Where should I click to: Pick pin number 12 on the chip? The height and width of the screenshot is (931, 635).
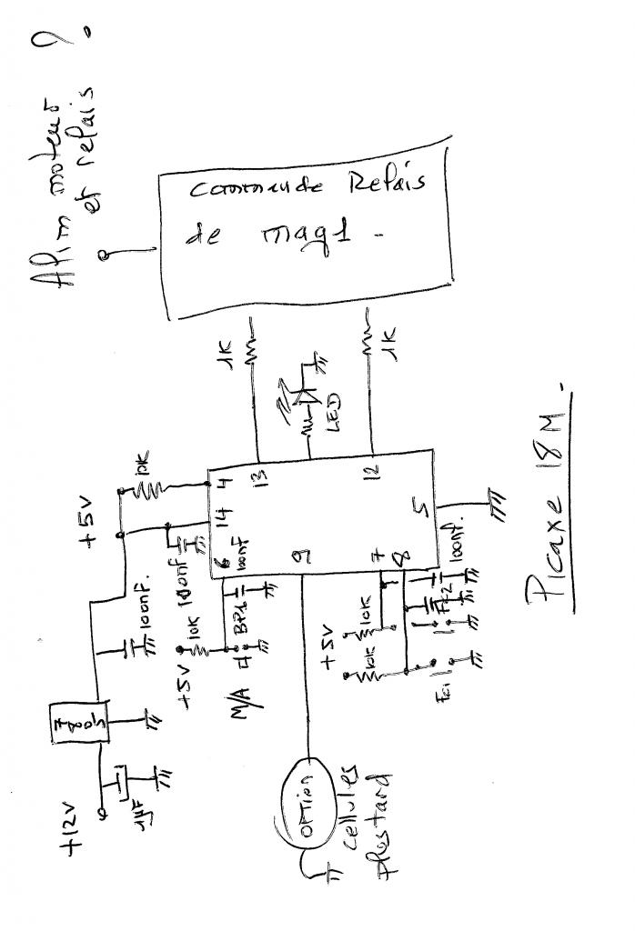(375, 471)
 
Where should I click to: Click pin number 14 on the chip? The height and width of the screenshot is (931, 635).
(218, 522)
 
